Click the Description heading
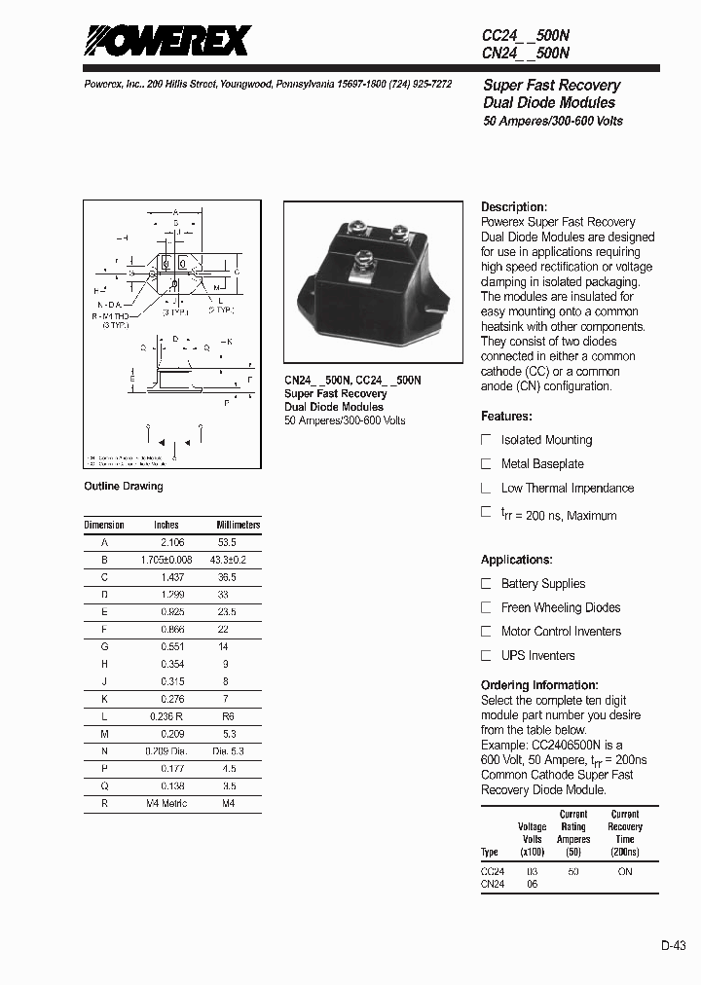coord(514,207)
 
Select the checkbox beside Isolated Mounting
coord(486,440)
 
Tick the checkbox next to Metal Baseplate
coord(486,464)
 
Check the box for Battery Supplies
coord(486,584)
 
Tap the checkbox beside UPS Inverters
coord(486,656)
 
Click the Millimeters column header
coord(238,525)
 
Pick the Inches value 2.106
coord(171,541)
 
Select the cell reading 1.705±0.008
coord(166,560)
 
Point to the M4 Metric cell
coord(167,804)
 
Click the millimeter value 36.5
coord(226,577)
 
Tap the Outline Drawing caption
coord(124,487)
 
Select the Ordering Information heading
coord(539,685)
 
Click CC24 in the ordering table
coord(493,872)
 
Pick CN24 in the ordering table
coord(493,885)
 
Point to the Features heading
coord(506,417)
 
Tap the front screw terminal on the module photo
coord(362,259)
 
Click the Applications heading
coord(516,560)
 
